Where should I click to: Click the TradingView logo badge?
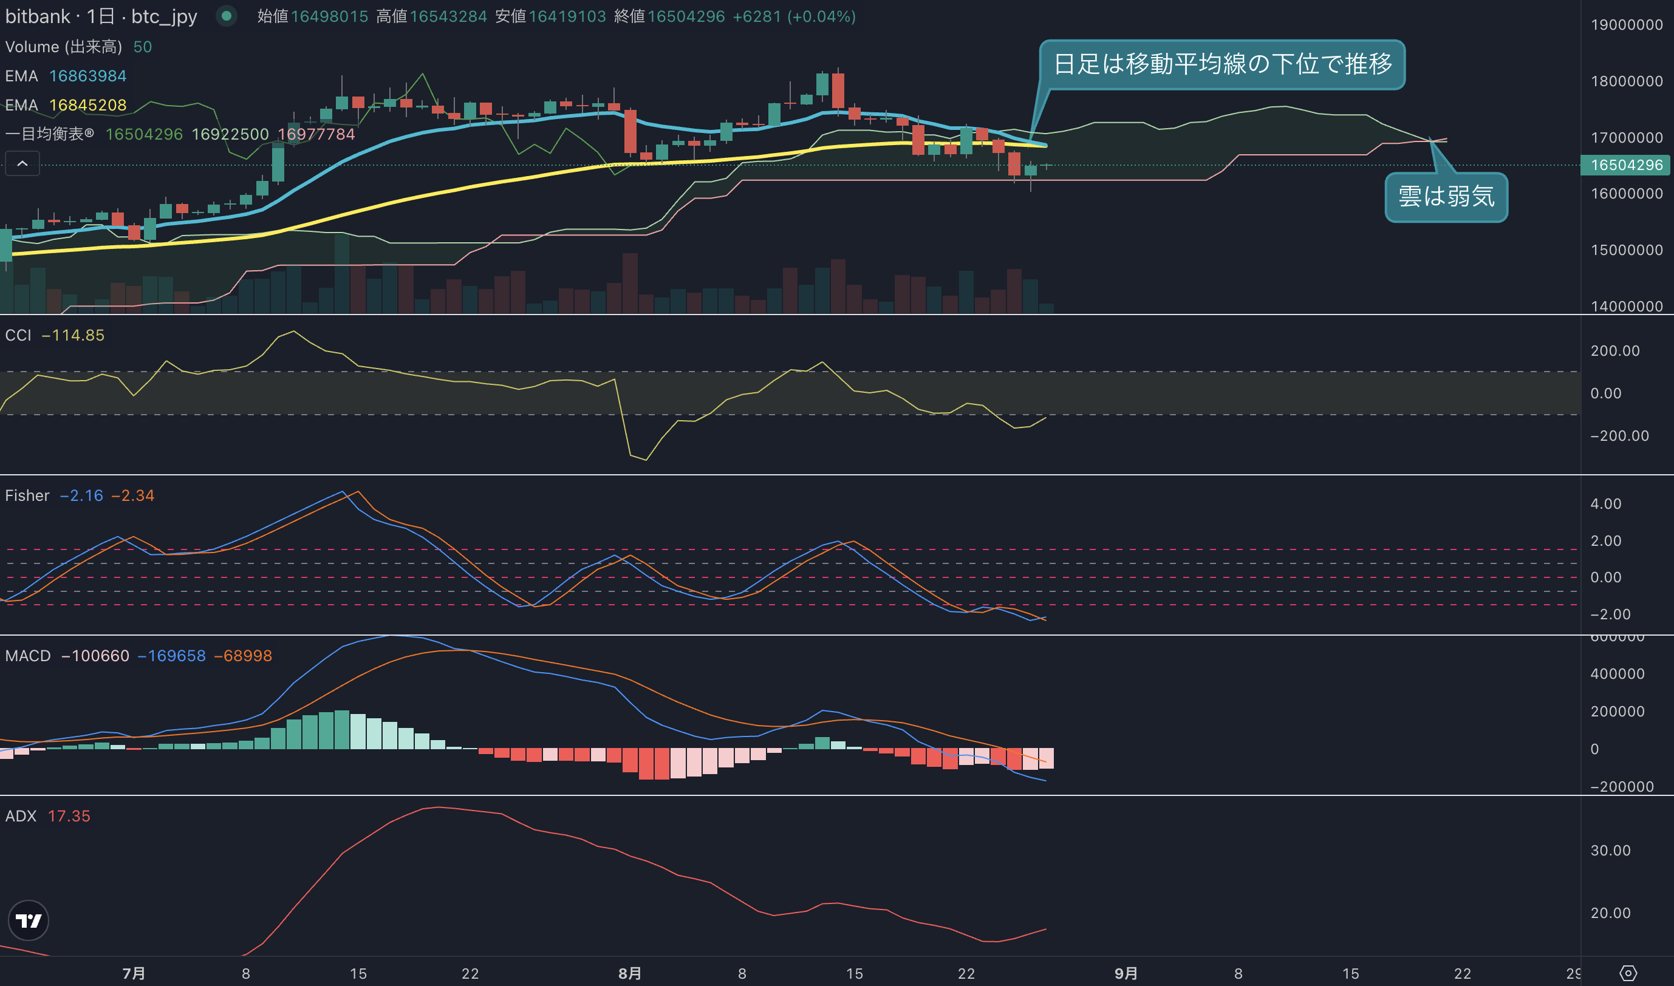pyautogui.click(x=28, y=920)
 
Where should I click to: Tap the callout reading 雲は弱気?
pyautogui.click(x=1446, y=197)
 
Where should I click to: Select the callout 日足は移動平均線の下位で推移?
pyautogui.click(x=1222, y=64)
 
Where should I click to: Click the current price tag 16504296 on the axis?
pyautogui.click(x=1625, y=165)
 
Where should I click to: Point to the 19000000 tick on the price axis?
pyautogui.click(x=1626, y=24)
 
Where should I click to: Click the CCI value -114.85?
pyautogui.click(x=73, y=336)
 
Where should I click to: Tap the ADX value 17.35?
pyautogui.click(x=69, y=816)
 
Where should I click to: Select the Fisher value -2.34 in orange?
pyautogui.click(x=133, y=495)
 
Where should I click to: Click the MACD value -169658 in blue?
pyautogui.click(x=171, y=656)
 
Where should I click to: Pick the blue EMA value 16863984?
pyautogui.click(x=87, y=76)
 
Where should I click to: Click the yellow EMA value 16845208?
pyautogui.click(x=87, y=105)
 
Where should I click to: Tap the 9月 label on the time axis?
pyautogui.click(x=1126, y=973)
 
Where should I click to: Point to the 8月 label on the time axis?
pyautogui.click(x=629, y=973)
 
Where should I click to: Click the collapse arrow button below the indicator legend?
pyautogui.click(x=22, y=163)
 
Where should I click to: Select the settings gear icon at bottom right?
pyautogui.click(x=1628, y=973)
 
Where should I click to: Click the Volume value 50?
pyautogui.click(x=143, y=47)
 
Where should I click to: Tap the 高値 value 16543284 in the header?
pyautogui.click(x=449, y=16)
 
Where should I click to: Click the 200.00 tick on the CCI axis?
pyautogui.click(x=1615, y=351)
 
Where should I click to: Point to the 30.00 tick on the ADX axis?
pyautogui.click(x=1610, y=851)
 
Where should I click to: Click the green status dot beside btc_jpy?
pyautogui.click(x=227, y=16)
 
